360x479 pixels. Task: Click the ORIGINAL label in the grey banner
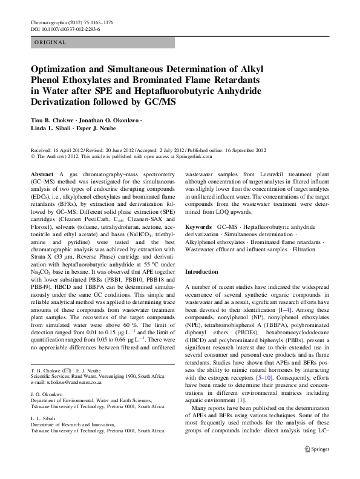[50, 42]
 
